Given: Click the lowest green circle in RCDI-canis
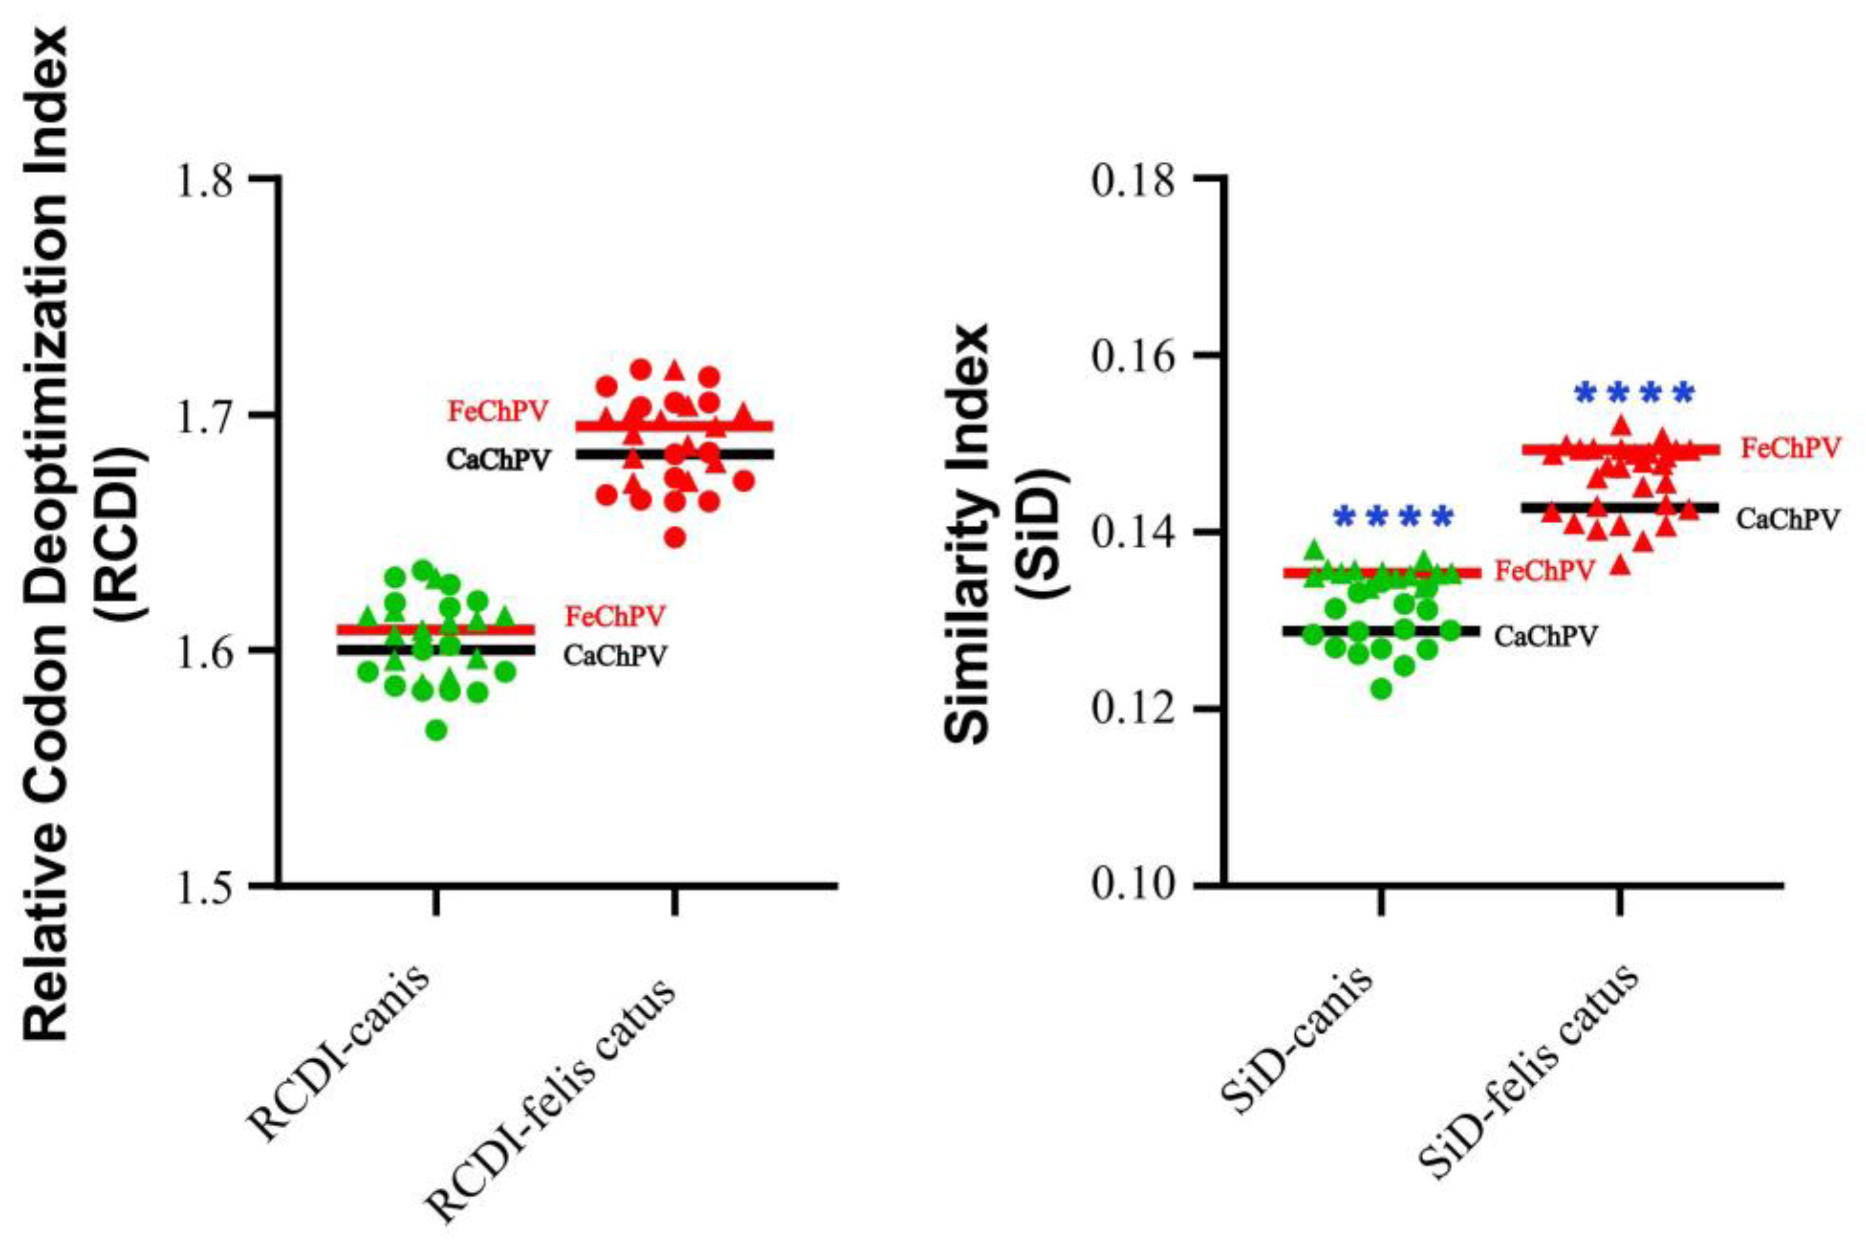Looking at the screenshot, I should point(436,730).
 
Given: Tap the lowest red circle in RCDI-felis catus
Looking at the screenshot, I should point(675,538).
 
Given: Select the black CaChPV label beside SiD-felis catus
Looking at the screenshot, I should point(1788,519).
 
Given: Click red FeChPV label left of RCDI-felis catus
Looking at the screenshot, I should point(498,411).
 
